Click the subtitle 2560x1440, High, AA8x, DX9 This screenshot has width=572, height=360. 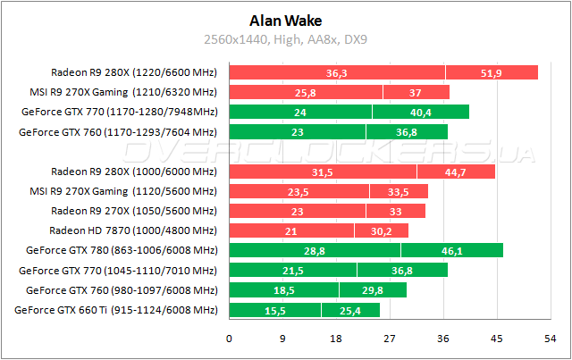(286, 38)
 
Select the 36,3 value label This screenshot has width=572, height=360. (337, 72)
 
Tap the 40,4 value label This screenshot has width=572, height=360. (420, 113)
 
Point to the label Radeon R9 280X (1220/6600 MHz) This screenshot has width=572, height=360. (134, 71)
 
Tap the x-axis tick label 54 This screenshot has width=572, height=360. (551, 339)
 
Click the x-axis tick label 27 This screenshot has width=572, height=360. (390, 339)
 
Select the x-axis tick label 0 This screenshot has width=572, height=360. (230, 339)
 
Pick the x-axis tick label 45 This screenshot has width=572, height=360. (497, 339)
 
